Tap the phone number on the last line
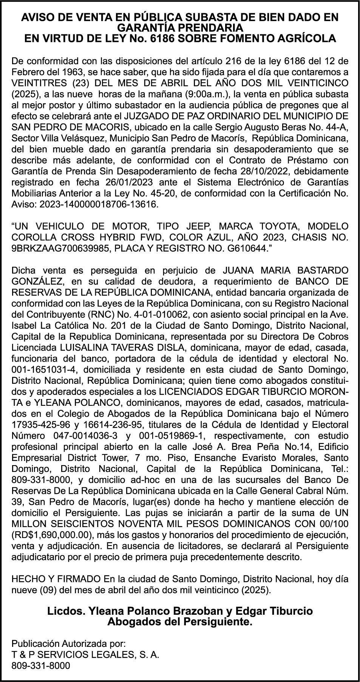[x=41, y=666]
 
